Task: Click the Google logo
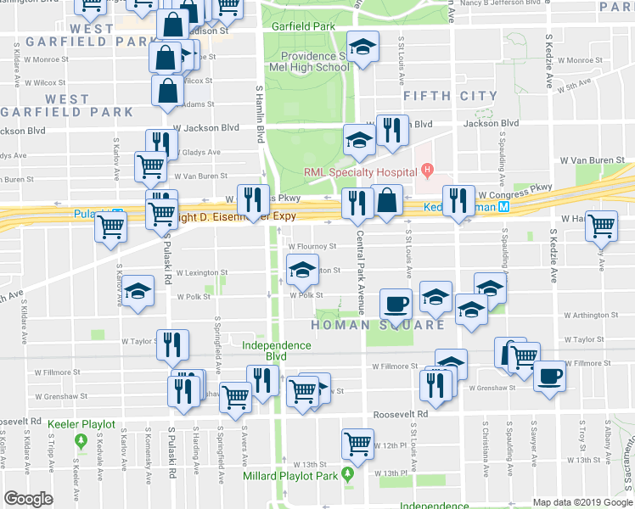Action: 28,498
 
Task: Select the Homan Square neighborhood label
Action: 377,325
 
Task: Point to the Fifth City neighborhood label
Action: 450,96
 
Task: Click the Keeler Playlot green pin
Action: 81,441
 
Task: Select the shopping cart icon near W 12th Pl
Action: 357,442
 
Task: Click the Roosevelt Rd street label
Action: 402,415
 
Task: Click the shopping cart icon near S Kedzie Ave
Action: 601,225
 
